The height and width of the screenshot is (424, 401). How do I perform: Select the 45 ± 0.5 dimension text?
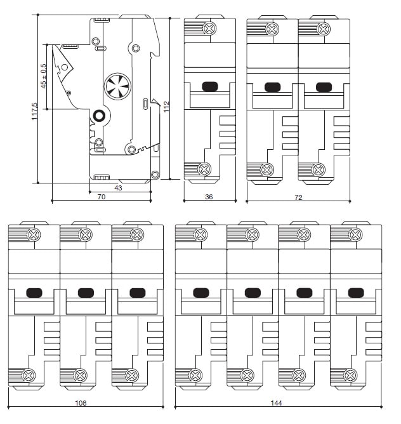[44, 76]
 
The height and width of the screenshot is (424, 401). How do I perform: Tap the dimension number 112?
[167, 106]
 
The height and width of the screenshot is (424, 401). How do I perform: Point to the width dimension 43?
[118, 188]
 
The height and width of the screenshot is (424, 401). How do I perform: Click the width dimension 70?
[102, 197]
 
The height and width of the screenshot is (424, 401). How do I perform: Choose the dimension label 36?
[209, 197]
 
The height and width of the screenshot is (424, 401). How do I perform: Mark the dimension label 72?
[298, 197]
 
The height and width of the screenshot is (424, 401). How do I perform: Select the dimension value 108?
[81, 402]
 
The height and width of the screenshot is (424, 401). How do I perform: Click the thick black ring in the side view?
[99, 116]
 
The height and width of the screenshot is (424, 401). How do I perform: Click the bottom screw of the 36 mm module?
[204, 169]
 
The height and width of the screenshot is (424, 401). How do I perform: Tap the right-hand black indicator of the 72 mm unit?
[324, 87]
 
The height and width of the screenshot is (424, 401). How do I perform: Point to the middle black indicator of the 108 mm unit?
[86, 293]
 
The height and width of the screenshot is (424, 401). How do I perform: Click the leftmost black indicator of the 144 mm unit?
[201, 293]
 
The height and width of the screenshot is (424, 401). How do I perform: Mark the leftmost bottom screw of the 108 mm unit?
[28, 374]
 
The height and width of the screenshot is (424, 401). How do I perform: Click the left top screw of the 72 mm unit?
[272, 28]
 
